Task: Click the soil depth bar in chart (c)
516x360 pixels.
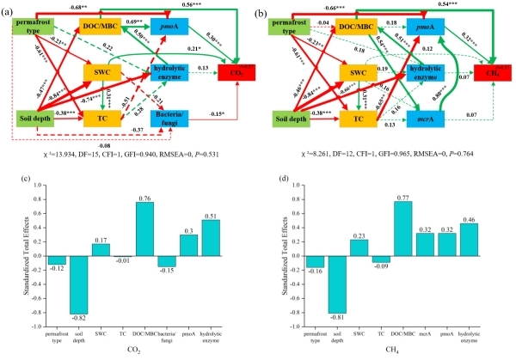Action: pyautogui.click(x=80, y=288)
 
